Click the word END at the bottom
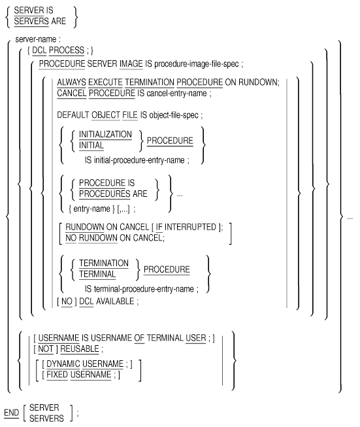[11, 413]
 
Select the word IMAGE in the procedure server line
[131, 64]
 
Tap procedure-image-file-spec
[197, 64]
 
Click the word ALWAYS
[72, 82]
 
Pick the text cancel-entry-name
[176, 94]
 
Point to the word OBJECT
[106, 115]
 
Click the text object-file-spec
[174, 116]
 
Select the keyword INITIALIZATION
[105, 135]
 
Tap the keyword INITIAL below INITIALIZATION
[91, 145]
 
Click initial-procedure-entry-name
[139, 160]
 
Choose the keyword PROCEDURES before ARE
[105, 194]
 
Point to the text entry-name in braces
[91, 209]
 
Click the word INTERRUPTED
[190, 227]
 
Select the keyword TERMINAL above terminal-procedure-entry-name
[97, 274]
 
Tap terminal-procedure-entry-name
[144, 289]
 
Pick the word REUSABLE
[80, 349]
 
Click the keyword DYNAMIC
[63, 364]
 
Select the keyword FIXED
[57, 375]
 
